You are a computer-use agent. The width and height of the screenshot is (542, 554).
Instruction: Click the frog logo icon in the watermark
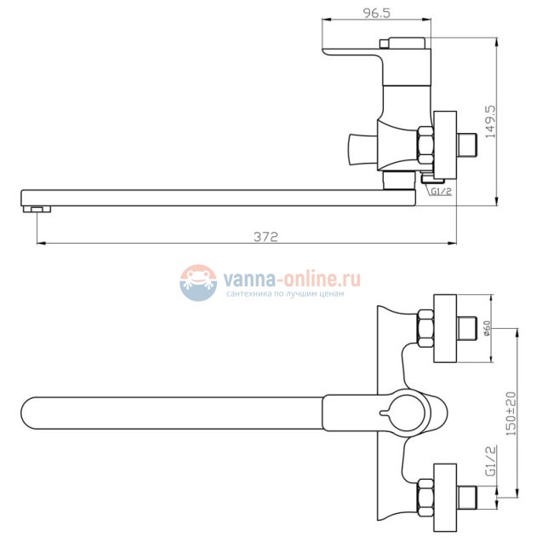pyautogui.click(x=198, y=282)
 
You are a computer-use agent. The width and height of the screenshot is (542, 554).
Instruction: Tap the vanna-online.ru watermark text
pyautogui.click(x=292, y=278)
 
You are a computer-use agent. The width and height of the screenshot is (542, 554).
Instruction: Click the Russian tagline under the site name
pyautogui.click(x=285, y=294)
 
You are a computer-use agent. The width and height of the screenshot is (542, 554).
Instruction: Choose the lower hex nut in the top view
pyautogui.click(x=425, y=494)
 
